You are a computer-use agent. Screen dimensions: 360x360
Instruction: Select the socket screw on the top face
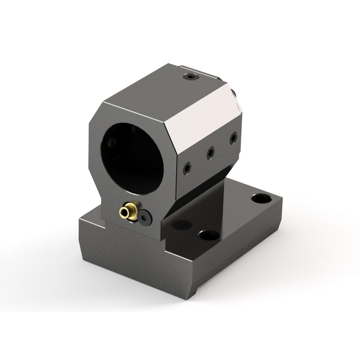[x=191, y=76]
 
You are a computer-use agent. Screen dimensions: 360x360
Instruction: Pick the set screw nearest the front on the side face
[x=187, y=168]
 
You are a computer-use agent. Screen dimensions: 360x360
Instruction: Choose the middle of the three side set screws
[x=211, y=153]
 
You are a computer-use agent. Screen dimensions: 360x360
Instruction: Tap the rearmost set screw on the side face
[x=233, y=138]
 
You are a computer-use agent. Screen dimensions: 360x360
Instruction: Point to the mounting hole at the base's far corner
[x=261, y=198]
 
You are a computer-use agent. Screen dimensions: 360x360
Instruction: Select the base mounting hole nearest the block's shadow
[x=209, y=235]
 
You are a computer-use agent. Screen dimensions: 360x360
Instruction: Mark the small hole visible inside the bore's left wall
[x=112, y=142]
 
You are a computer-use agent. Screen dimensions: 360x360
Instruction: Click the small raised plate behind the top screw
[x=202, y=72]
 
